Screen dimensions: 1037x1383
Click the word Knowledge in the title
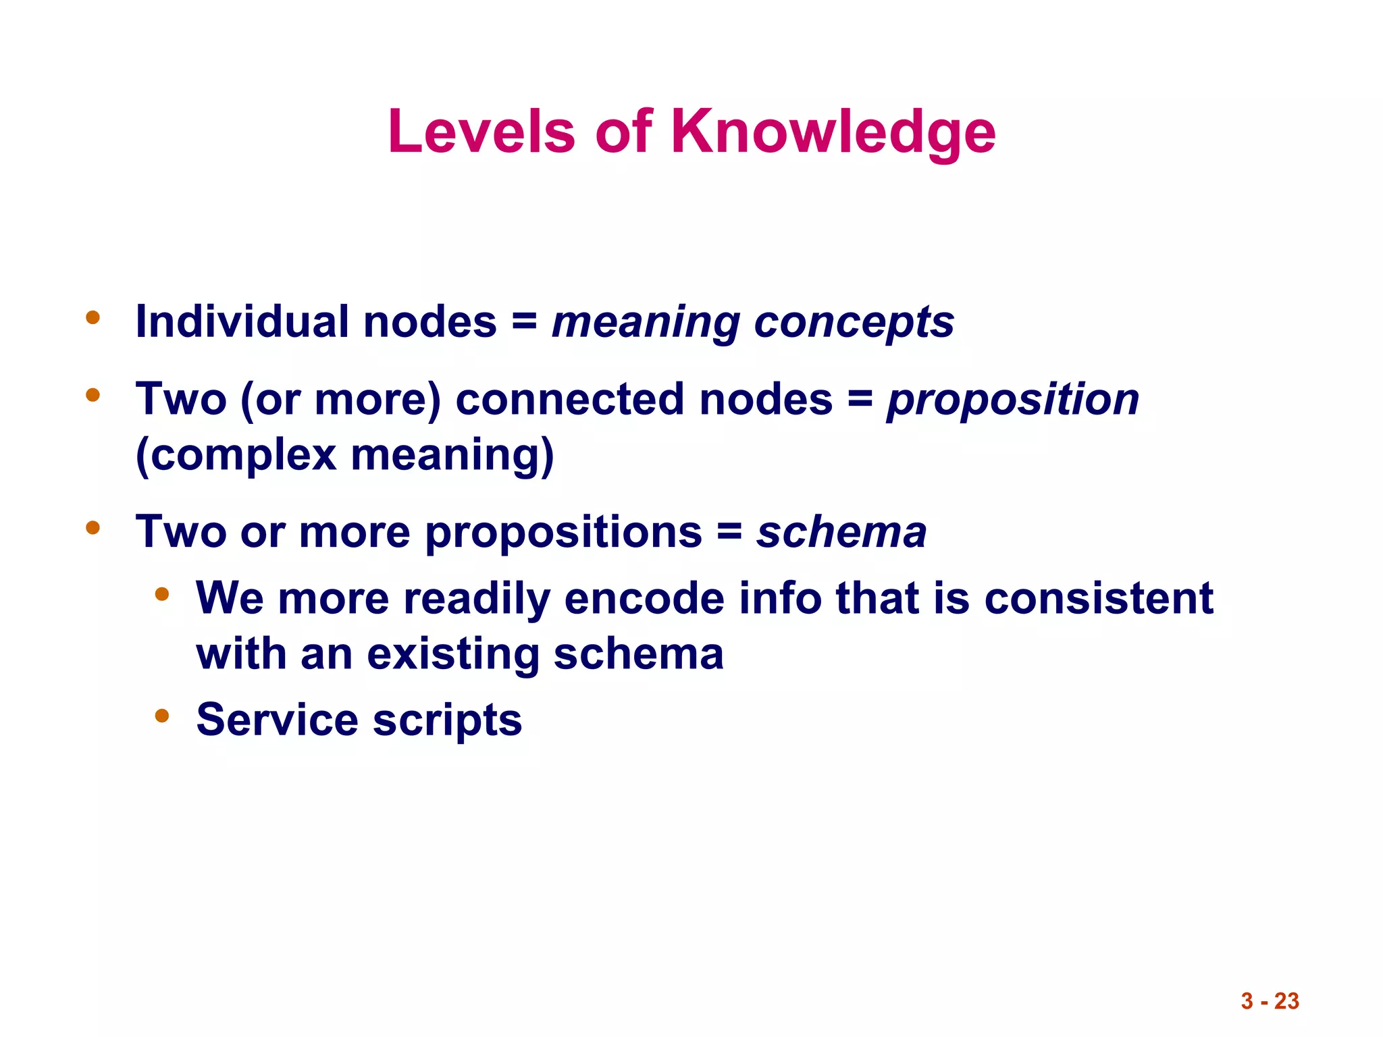coord(833,132)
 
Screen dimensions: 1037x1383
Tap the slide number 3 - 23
coord(1270,1001)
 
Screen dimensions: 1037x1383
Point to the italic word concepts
coord(854,323)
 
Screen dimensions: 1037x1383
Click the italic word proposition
coord(1013,399)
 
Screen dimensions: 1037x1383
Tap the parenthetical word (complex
coord(236,455)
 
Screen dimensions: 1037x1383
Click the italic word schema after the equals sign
coord(841,532)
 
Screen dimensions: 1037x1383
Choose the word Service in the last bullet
coord(277,719)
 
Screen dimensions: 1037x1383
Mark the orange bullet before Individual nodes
coord(93,317)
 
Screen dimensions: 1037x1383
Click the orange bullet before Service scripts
coord(161,715)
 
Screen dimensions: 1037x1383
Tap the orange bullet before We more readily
coord(161,594)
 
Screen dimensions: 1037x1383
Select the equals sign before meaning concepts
coord(524,321)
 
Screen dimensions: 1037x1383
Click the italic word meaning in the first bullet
coord(646,323)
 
